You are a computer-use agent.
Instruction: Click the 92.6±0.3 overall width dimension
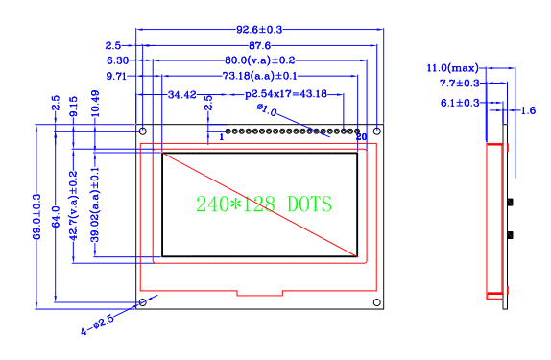pos(259,30)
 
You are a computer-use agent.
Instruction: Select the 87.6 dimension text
pos(260,45)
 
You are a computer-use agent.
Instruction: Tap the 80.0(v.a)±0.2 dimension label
pos(260,60)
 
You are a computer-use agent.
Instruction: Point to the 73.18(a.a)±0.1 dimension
pos(260,76)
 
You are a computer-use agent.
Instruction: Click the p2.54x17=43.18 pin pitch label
pos(286,94)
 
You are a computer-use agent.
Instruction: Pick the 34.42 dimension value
pos(182,95)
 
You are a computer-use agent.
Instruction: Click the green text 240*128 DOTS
pos(264,204)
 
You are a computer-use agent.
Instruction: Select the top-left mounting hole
pos(143,132)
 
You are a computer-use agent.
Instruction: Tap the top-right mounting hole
pos(377,132)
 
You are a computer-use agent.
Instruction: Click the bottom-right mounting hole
pos(377,302)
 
